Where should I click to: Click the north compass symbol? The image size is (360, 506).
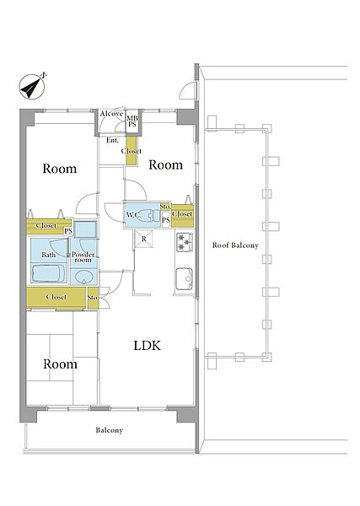pos(32,86)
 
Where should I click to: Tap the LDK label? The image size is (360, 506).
pos(147,346)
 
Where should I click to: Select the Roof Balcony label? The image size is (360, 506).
pos(235,245)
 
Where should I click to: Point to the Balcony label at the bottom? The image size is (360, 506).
pos(110,430)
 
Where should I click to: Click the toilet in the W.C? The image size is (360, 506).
pos(151,215)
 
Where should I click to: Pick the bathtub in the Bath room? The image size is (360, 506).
pos(49,273)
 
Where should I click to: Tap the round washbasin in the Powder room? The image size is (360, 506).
pos(83,277)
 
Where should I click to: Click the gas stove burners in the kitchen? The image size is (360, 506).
pos(184,242)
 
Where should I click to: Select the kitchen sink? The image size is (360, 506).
pos(184,279)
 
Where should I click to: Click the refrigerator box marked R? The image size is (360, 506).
pos(144,240)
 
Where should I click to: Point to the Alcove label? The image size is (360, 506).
pos(111,114)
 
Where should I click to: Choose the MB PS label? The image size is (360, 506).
pos(132,121)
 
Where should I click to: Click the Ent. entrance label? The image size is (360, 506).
pos(112,140)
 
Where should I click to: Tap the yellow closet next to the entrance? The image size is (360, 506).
pos(132,151)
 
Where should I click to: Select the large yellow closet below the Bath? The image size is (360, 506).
pos(56,297)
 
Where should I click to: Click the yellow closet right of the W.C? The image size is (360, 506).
pos(182,216)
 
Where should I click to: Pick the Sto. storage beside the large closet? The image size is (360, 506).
pos(93,298)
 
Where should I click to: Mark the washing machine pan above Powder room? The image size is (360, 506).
pos(85,229)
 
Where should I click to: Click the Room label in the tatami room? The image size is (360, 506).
pos(61,364)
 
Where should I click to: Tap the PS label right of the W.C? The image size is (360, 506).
pos(165,220)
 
